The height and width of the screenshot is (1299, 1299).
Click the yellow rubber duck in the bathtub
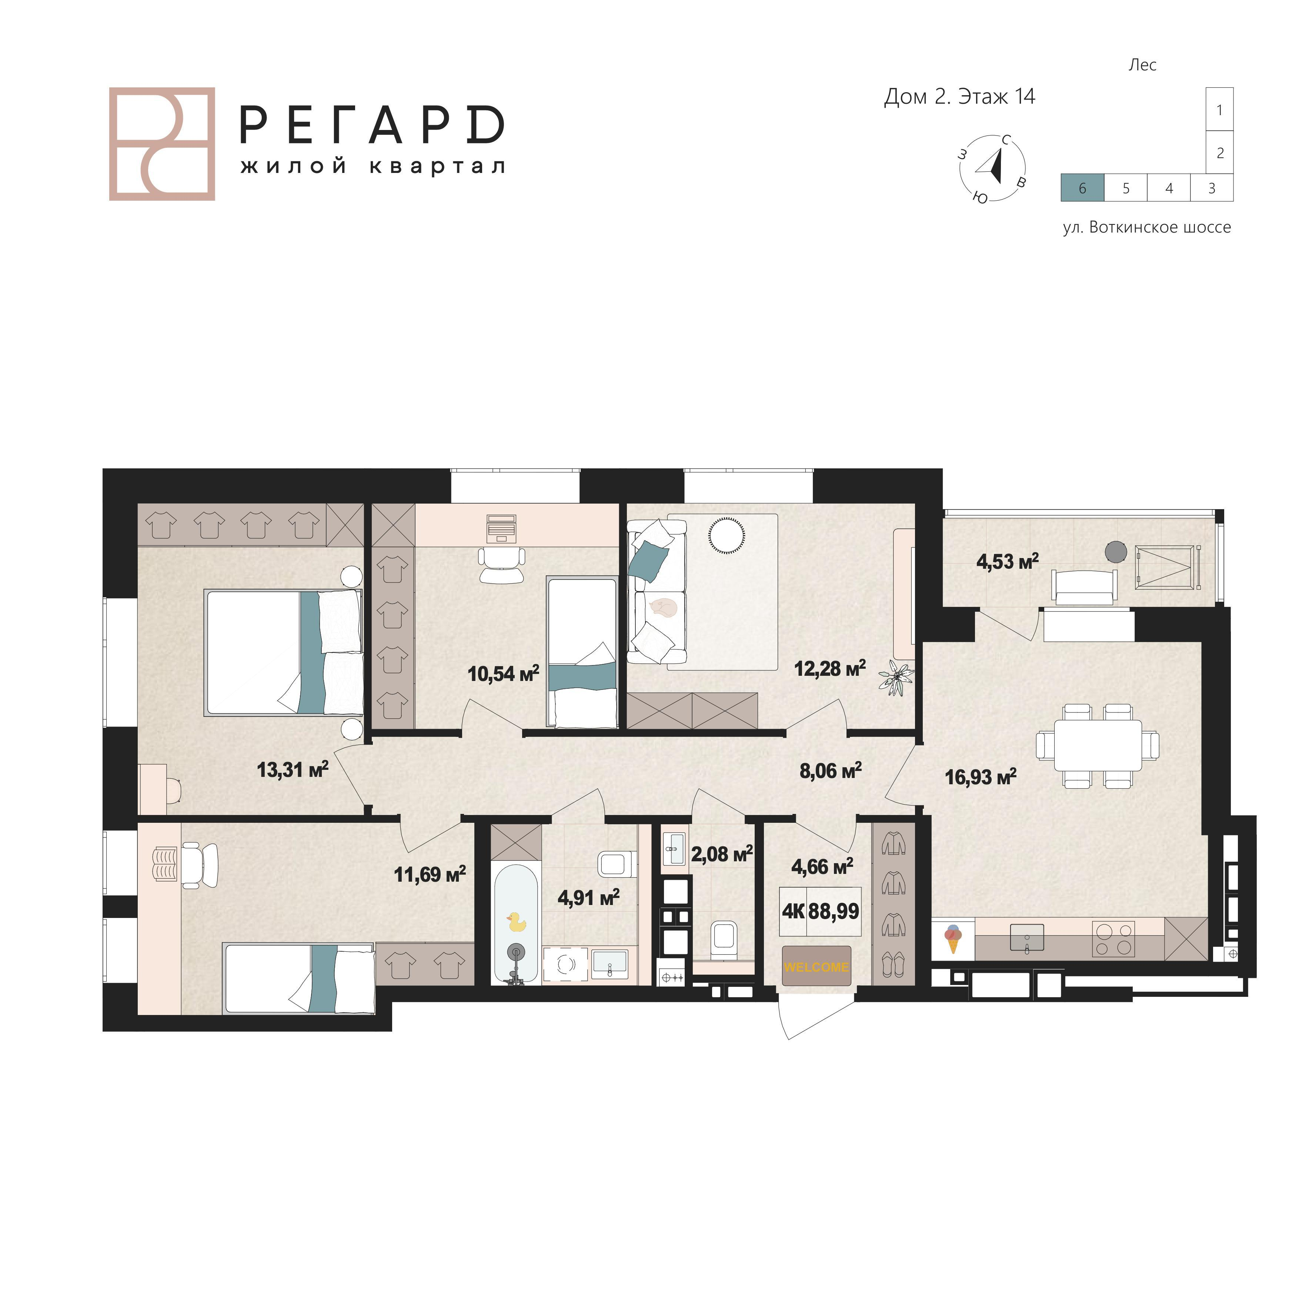516,922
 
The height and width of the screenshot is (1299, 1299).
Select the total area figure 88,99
834,912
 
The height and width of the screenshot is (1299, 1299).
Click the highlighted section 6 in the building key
1082,188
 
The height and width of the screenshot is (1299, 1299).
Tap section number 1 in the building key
1220,110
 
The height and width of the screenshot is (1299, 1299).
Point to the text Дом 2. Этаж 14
959,97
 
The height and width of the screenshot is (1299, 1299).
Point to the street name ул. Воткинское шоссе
1146,227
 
